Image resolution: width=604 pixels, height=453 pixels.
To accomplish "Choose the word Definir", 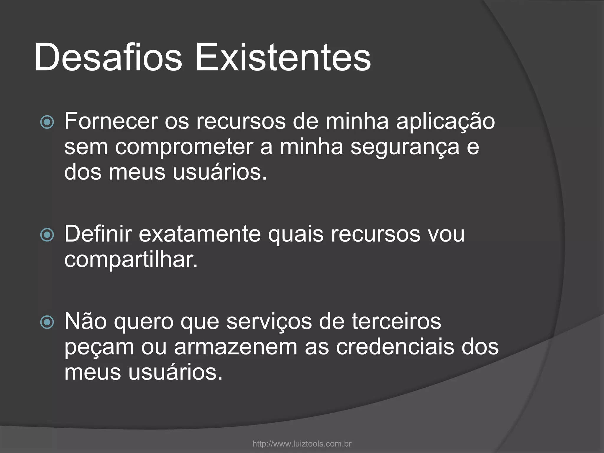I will coord(98,234).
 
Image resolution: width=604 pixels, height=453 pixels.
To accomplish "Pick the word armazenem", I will coord(236,347).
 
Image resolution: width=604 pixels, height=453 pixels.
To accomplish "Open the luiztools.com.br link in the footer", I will coord(302,444).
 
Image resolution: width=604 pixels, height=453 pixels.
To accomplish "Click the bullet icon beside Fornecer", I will coord(47,122).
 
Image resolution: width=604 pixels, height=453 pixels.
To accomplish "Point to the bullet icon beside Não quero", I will coord(47,322).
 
